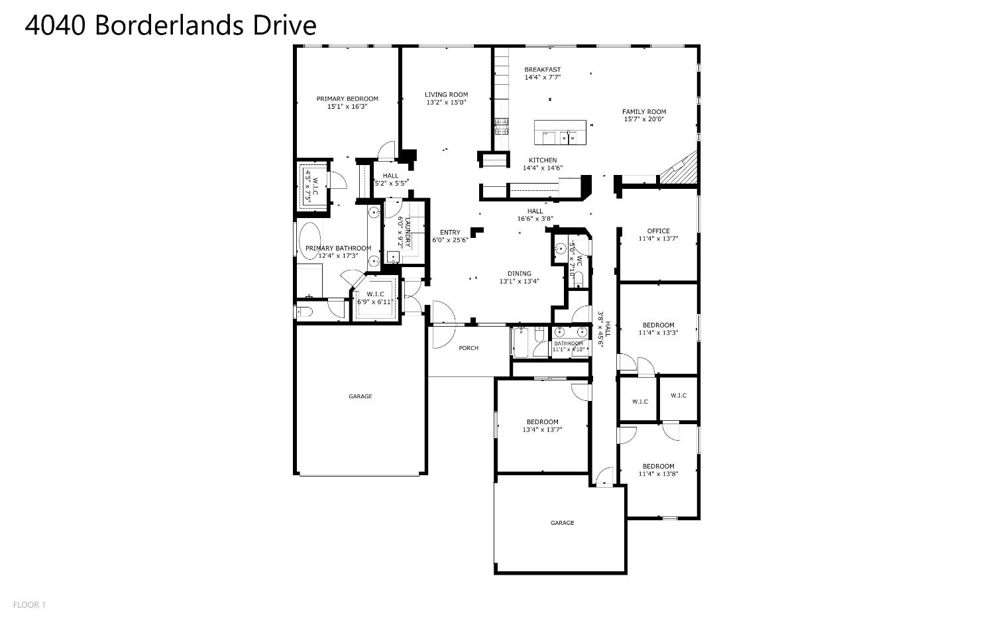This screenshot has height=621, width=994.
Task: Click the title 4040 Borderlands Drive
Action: [x=170, y=25]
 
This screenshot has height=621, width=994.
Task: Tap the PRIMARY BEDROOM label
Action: [x=347, y=99]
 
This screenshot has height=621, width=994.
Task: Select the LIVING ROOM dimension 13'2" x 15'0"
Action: [x=446, y=102]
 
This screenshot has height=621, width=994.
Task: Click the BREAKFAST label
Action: [x=542, y=70]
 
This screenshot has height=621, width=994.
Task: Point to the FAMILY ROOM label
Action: [x=643, y=111]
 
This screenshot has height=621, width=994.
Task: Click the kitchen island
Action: [x=561, y=133]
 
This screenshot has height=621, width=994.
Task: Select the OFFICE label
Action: [x=658, y=231]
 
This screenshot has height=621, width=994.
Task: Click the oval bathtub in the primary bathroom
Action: [x=309, y=243]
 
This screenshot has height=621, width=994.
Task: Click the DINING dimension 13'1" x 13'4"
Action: [x=519, y=281]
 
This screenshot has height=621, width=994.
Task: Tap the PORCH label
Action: [x=469, y=348]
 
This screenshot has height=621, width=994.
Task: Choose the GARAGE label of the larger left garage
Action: [x=360, y=396]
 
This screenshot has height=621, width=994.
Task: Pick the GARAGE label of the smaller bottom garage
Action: [x=562, y=523]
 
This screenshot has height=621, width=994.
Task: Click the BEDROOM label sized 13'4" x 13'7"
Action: [x=542, y=422]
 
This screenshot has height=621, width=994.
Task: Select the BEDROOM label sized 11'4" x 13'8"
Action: [x=658, y=466]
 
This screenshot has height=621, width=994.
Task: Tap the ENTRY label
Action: [x=450, y=232]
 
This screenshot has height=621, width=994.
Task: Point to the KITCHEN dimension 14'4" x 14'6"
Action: [x=542, y=168]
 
